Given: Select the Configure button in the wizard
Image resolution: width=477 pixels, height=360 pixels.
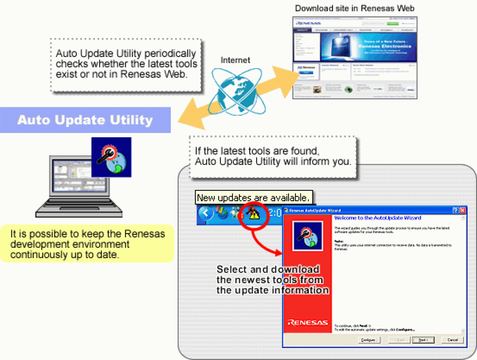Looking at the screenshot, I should (369, 339).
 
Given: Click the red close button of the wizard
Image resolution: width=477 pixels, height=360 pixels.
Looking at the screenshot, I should (462, 210).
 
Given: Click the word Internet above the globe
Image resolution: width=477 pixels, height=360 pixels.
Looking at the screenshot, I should (235, 60).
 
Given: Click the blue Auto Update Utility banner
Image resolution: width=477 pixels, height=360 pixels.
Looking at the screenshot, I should (85, 120).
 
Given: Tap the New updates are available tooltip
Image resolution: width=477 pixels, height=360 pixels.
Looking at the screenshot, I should (253, 198).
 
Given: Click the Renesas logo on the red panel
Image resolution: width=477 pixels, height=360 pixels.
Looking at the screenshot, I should (308, 322).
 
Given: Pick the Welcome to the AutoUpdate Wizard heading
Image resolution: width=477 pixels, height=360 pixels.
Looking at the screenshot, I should (377, 218).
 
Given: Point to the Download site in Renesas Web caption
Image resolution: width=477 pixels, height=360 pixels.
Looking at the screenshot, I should (354, 8).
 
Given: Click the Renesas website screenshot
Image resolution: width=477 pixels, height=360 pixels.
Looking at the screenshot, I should (355, 57).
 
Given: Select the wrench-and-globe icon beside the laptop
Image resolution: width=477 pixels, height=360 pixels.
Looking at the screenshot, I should (112, 157).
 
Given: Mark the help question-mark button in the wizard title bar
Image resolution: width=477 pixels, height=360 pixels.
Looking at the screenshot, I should (455, 210).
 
